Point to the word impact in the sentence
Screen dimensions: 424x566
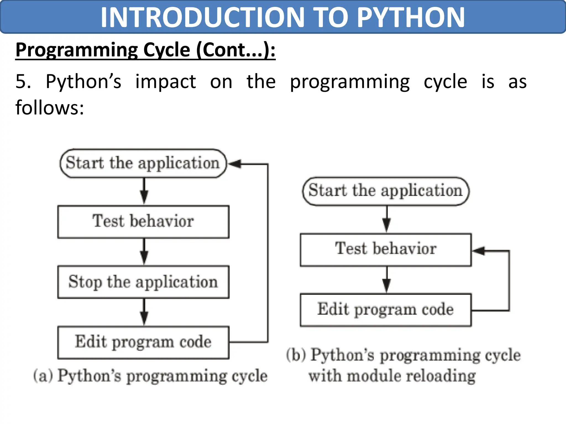(166, 82)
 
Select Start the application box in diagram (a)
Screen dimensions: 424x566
(143, 163)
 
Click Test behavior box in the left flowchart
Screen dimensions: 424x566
(143, 222)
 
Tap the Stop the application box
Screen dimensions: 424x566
(143, 282)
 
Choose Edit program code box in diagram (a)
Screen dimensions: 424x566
(143, 342)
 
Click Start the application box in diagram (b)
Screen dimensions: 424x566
(386, 191)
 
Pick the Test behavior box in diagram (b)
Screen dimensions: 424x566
(386, 249)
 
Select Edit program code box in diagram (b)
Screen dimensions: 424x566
(386, 310)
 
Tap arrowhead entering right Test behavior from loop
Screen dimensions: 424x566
(478, 251)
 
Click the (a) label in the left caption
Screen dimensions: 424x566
(43, 376)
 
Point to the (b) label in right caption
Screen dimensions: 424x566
(296, 355)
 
